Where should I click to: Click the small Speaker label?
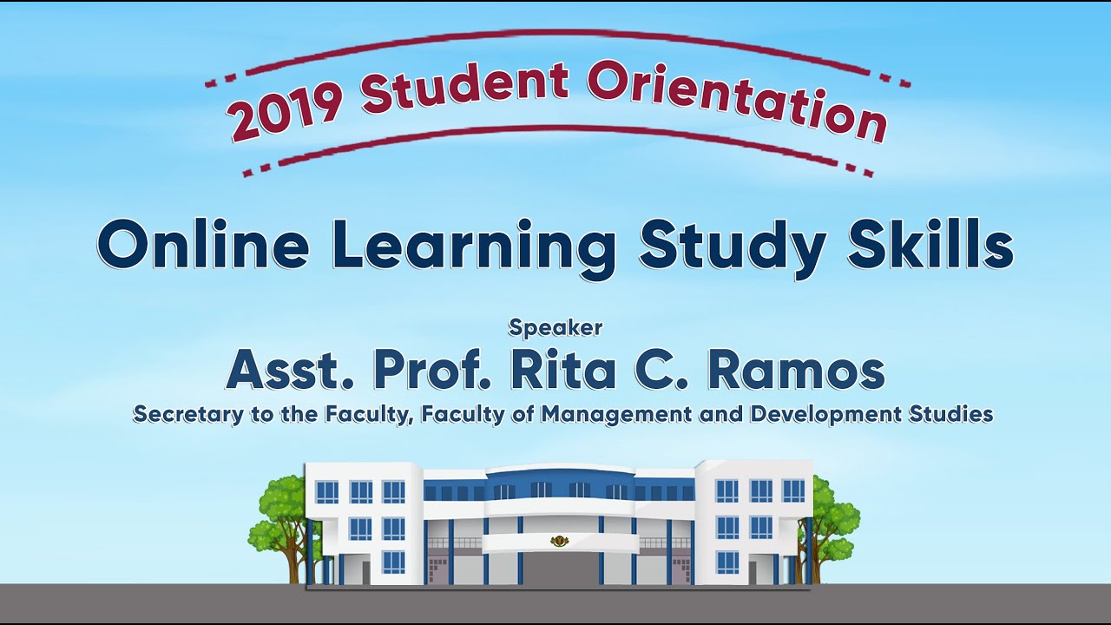tap(555, 327)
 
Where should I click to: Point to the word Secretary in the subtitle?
tap(186, 414)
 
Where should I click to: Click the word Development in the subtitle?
tap(824, 414)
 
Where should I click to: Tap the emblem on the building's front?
tap(556, 542)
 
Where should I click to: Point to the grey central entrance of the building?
tap(557, 569)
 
